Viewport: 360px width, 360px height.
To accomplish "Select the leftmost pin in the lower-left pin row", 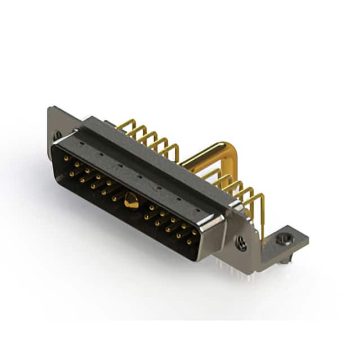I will [71, 174].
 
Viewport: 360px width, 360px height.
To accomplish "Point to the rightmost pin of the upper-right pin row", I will [194, 232].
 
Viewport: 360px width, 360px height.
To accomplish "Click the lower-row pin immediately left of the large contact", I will [114, 198].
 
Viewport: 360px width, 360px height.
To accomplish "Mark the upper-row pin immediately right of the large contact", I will [151, 207].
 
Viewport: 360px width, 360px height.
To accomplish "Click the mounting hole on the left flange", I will [57, 136].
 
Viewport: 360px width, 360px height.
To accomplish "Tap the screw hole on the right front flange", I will [241, 244].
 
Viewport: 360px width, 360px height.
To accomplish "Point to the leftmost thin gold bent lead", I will [125, 124].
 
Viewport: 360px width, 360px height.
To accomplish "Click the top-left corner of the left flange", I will [51, 109].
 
